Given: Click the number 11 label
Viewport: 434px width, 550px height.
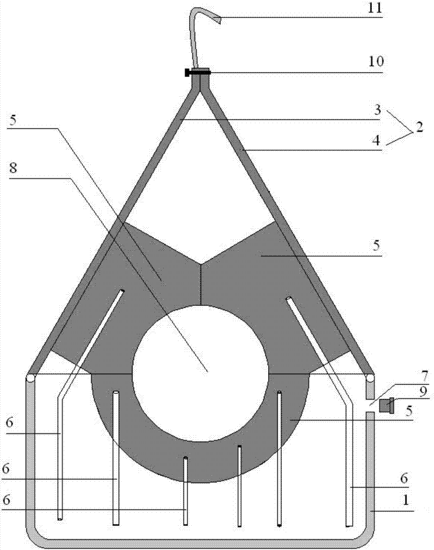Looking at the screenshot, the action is pyautogui.click(x=375, y=7).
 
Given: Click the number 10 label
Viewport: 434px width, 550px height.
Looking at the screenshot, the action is pyautogui.click(x=376, y=62).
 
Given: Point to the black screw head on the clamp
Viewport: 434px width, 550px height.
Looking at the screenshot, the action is pyautogui.click(x=187, y=73).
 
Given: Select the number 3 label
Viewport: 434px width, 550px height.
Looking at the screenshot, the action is pyautogui.click(x=377, y=110).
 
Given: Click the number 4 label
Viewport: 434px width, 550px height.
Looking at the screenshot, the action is pyautogui.click(x=376, y=141).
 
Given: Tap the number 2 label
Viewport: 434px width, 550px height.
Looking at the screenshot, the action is pyautogui.click(x=419, y=127).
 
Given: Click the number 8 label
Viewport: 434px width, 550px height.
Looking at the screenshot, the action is pyautogui.click(x=13, y=168).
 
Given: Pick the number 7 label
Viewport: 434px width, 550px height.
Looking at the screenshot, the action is pyautogui.click(x=424, y=377).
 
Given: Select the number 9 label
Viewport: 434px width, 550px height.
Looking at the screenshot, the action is pyautogui.click(x=424, y=392).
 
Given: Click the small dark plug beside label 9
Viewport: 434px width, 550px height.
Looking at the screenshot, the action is pyautogui.click(x=387, y=405).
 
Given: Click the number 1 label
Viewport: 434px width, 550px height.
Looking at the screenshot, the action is pyautogui.click(x=405, y=500).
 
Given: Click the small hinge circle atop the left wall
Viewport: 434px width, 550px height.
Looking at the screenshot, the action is pyautogui.click(x=30, y=378).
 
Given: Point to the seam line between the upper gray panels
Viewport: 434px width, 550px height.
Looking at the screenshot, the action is pyautogui.click(x=201, y=284).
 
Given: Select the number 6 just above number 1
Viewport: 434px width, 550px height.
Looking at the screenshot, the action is pyautogui.click(x=404, y=478).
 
